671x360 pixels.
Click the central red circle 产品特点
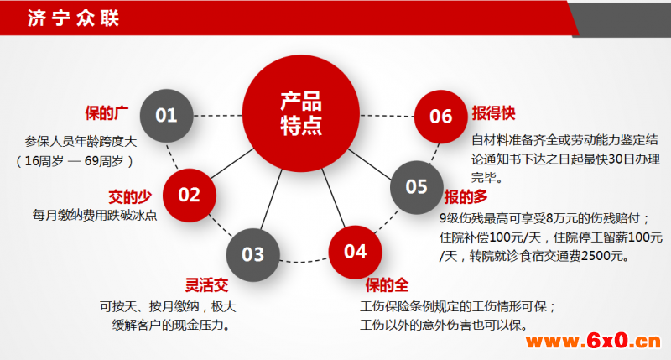tap(301, 114)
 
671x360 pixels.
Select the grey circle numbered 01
tap(166, 116)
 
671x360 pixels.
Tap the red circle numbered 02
tap(190, 196)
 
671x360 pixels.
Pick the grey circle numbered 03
tap(253, 255)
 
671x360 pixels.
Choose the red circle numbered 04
tap(355, 252)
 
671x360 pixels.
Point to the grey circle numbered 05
tap(416, 187)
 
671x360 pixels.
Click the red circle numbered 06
tap(441, 117)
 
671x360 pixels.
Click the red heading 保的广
tap(107, 113)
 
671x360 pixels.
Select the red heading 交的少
tap(130, 197)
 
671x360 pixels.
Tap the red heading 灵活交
tap(206, 285)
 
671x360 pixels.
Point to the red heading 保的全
tap(387, 285)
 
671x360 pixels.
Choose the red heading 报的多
tap(466, 197)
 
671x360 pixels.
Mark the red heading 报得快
tap(493, 113)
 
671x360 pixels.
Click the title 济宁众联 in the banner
tap(73, 18)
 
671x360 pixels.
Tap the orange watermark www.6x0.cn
tap(593, 342)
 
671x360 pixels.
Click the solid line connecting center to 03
tap(272, 200)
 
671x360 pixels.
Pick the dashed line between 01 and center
tap(218, 116)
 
